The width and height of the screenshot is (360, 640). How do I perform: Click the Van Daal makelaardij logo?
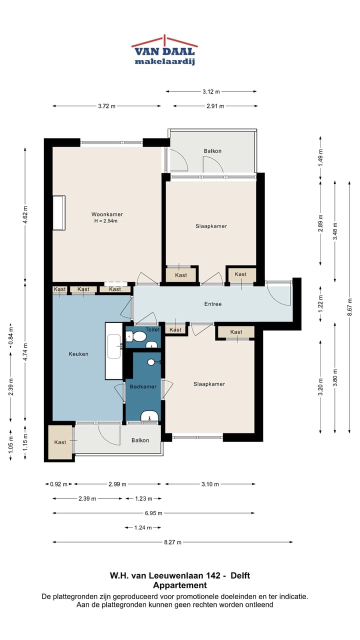[x=164, y=50]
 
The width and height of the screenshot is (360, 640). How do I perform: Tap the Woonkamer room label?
[x=107, y=214]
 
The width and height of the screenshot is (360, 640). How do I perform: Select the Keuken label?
[x=78, y=354]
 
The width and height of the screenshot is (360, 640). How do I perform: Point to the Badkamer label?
[x=143, y=386]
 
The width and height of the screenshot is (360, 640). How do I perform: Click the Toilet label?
[x=152, y=329]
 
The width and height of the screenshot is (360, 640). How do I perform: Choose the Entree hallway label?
[x=213, y=304]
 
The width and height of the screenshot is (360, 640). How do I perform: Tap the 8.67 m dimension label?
[x=349, y=307]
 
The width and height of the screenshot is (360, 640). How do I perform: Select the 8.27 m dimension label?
[x=172, y=542]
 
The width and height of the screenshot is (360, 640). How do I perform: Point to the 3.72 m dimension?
[x=106, y=106]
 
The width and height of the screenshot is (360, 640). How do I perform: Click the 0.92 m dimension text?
[x=58, y=484]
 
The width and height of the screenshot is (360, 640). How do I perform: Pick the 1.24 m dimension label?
[x=143, y=527]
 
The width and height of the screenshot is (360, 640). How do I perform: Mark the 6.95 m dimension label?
[x=153, y=513]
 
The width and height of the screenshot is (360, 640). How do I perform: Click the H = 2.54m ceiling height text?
[x=105, y=221]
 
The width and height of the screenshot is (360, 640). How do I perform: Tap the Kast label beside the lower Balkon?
[x=60, y=442]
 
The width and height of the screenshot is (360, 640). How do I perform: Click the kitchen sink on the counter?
[x=114, y=346]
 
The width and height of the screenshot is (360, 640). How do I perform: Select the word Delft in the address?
[x=240, y=575]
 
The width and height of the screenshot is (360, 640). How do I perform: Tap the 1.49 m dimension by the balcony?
[x=320, y=157]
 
